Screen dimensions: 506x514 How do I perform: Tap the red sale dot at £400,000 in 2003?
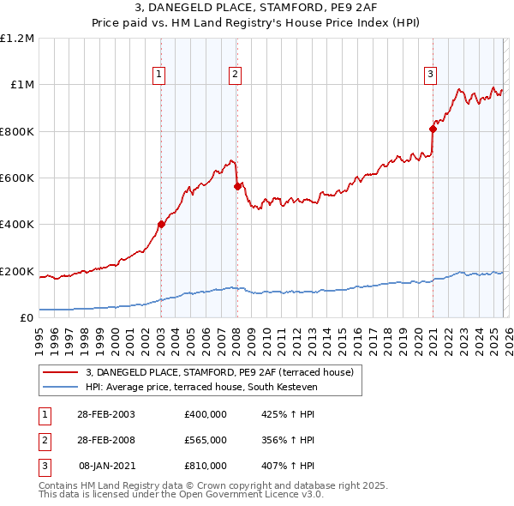pos(161,225)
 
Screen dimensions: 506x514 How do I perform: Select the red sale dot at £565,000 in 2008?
pos(236,186)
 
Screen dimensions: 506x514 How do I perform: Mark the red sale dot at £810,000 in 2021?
pos(433,130)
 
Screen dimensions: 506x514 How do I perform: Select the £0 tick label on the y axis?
pos(26,318)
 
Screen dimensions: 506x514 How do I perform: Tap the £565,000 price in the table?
pos(205,440)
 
